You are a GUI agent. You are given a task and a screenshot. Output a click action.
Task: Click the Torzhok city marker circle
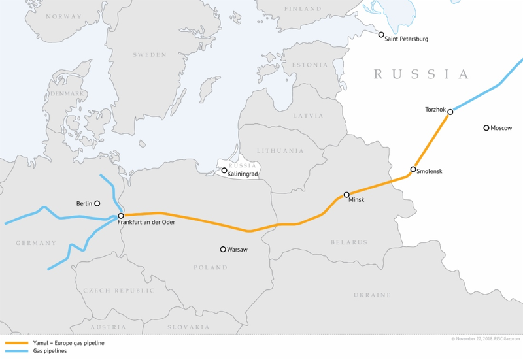(450, 112)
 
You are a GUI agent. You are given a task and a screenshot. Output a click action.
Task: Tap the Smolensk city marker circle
(413, 169)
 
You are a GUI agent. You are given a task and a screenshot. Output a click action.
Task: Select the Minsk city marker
(346, 195)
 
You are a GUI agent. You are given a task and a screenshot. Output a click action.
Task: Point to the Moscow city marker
(486, 128)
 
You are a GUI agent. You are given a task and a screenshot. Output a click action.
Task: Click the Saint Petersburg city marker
(381, 35)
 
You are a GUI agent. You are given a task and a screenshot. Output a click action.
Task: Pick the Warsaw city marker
(223, 249)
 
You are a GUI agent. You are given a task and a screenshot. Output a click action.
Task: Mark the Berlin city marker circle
(97, 203)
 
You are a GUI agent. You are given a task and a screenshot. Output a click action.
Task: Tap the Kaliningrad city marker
(224, 171)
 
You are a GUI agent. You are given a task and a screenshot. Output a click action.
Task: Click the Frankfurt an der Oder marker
(121, 216)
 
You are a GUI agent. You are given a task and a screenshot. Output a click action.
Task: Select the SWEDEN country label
(150, 55)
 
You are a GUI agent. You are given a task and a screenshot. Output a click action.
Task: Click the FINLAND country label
(303, 9)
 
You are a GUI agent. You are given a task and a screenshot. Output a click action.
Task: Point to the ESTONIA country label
(309, 65)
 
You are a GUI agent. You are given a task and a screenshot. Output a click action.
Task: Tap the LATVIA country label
(308, 116)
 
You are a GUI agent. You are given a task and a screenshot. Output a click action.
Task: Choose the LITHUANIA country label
(280, 151)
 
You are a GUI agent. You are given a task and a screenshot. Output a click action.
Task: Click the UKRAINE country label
(372, 295)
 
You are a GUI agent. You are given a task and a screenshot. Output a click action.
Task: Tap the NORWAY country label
(63, 16)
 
